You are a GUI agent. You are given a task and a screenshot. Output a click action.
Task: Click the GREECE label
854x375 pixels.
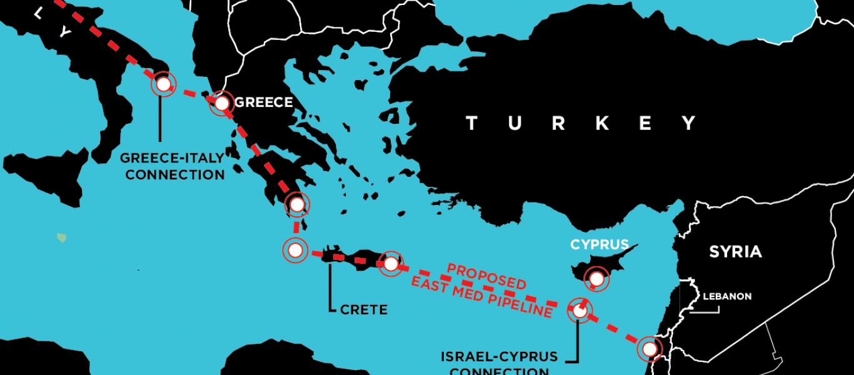[263, 102]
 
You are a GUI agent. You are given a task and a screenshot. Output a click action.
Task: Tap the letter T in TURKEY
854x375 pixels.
[472, 123]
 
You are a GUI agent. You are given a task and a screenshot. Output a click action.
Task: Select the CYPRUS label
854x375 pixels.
[599, 244]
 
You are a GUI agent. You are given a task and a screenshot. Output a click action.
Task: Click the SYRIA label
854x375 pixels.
[735, 252]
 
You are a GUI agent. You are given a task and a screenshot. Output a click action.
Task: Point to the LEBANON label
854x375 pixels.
[727, 296]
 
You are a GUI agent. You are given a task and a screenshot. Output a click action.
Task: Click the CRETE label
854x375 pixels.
[364, 309]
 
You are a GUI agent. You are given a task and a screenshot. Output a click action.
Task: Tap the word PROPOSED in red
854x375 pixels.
[486, 276]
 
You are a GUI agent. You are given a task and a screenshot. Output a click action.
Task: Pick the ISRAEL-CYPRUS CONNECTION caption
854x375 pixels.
[499, 364]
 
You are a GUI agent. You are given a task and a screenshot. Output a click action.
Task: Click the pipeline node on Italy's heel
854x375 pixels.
[163, 84]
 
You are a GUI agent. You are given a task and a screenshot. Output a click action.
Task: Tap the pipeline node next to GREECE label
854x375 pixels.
[222, 103]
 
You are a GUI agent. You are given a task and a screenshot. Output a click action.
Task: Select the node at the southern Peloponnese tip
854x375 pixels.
[297, 204]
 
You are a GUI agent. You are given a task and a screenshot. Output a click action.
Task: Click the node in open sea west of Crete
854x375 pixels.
[295, 250]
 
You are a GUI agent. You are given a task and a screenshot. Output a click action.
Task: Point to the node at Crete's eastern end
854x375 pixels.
[391, 264]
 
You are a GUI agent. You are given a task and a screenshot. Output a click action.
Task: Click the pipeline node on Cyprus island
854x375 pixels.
[596, 278]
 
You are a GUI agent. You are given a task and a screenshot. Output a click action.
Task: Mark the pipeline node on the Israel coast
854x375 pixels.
[650, 349]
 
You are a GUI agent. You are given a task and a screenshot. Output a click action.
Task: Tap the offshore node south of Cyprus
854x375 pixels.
[579, 310]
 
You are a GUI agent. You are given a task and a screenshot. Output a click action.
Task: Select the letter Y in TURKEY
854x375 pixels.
[689, 123]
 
